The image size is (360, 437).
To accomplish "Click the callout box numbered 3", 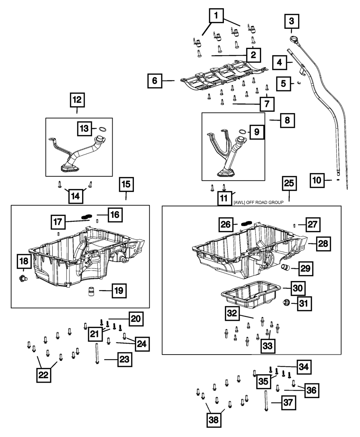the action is click(x=292, y=21).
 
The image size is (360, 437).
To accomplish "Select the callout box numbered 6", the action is click(x=155, y=81).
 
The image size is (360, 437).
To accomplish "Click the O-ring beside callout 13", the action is click(x=102, y=130).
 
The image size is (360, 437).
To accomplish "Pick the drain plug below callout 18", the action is click(x=23, y=278).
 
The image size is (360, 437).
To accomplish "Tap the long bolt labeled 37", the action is click(x=266, y=401).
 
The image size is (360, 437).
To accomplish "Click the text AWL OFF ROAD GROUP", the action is click(x=258, y=202).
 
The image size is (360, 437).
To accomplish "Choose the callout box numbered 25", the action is click(x=289, y=183).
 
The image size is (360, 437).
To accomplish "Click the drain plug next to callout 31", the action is click(x=286, y=302).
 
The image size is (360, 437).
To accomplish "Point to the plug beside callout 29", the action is click(x=285, y=267).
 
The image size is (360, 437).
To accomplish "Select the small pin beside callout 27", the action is click(x=294, y=225).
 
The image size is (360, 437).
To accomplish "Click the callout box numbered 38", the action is click(x=214, y=420).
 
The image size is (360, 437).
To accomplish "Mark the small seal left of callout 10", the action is click(x=338, y=180).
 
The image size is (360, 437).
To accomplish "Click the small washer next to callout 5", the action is click(x=299, y=83).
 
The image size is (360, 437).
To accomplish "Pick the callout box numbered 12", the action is click(x=77, y=100).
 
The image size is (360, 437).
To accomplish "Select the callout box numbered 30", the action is click(x=298, y=288).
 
